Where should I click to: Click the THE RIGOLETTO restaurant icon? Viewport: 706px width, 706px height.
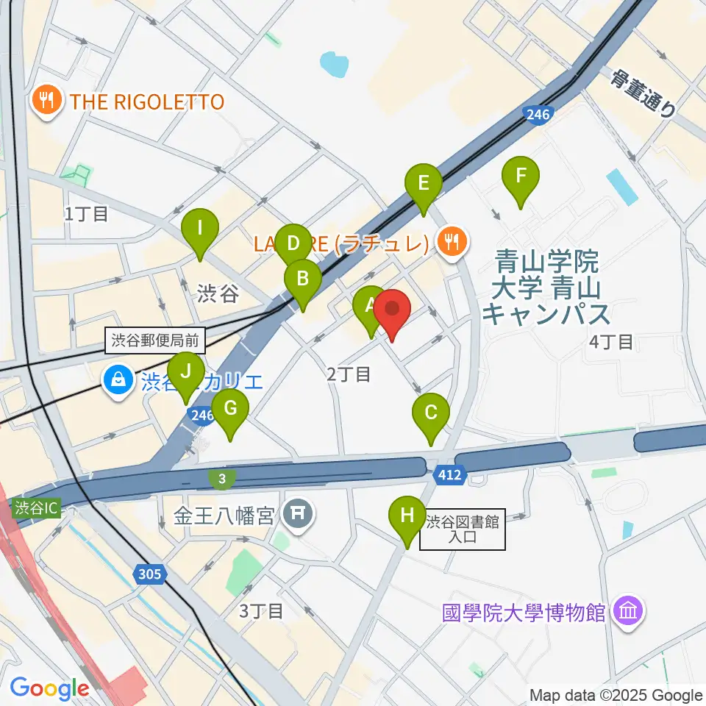[47, 101]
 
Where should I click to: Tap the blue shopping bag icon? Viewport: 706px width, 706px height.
[117, 381]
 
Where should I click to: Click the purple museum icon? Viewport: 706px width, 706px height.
[630, 610]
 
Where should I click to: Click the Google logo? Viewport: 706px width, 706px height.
[49, 688]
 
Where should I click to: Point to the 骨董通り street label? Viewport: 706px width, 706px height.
[642, 94]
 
